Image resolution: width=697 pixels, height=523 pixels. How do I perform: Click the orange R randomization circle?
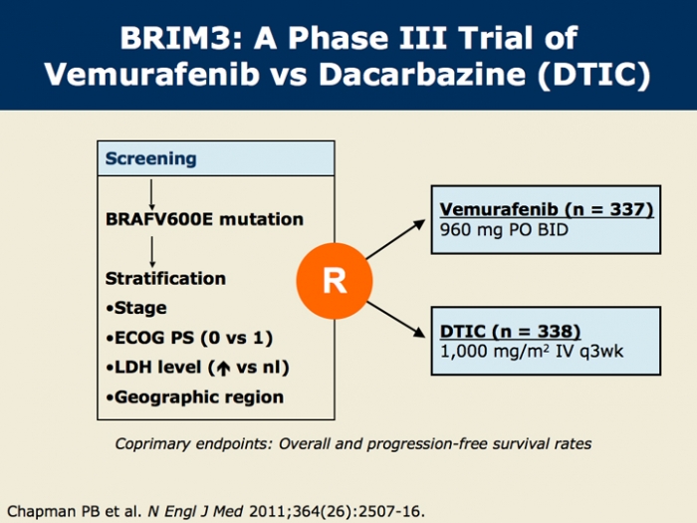pyautogui.click(x=335, y=281)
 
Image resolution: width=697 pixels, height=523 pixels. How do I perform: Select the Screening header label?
pyautogui.click(x=150, y=158)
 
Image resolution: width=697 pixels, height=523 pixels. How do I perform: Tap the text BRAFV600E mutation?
pyautogui.click(x=204, y=219)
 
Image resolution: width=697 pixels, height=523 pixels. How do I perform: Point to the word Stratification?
pyautogui.click(x=165, y=278)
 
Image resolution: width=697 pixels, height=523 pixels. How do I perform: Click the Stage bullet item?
pyautogui.click(x=136, y=308)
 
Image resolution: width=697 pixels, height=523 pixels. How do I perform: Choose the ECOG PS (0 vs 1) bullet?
pyautogui.click(x=189, y=338)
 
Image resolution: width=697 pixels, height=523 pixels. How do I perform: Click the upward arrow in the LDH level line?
pyautogui.click(x=223, y=368)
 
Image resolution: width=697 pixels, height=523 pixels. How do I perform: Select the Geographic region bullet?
pyautogui.click(x=195, y=397)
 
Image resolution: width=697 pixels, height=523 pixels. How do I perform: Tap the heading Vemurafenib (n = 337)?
pyautogui.click(x=547, y=209)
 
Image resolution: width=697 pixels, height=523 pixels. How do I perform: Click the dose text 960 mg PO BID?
pyautogui.click(x=504, y=230)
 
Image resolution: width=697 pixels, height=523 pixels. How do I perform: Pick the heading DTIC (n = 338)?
pyautogui.click(x=510, y=332)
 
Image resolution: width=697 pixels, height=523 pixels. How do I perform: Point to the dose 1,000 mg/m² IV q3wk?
pyautogui.click(x=532, y=352)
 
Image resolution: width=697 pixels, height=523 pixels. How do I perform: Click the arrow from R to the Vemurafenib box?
pyautogui.click(x=395, y=239)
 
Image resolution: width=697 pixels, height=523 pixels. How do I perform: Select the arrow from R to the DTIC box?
pyautogui.click(x=395, y=320)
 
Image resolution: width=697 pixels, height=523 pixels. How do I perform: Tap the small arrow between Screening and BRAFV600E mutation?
pyautogui.click(x=151, y=195)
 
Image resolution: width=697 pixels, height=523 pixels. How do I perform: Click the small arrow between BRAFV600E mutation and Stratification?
pyautogui.click(x=152, y=252)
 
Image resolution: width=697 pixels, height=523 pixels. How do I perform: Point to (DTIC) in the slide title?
pyautogui.click(x=593, y=75)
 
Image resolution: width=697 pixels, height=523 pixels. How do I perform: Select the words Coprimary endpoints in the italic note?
pyautogui.click(x=193, y=444)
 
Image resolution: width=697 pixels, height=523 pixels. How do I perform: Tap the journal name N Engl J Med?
pyautogui.click(x=195, y=511)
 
